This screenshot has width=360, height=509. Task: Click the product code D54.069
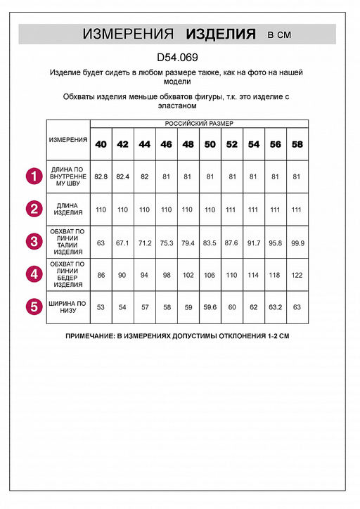pyautogui.click(x=179, y=60)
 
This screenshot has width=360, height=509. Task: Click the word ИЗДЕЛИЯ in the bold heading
pyautogui.click(x=220, y=34)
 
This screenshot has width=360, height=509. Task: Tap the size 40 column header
pyautogui.click(x=101, y=144)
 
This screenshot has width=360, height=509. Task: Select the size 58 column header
pyautogui.click(x=297, y=144)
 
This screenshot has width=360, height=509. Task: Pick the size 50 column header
pyautogui.click(x=210, y=144)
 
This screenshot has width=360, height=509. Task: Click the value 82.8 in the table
pyautogui.click(x=101, y=177)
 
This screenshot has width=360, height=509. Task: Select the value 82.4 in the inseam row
pyautogui.click(x=123, y=177)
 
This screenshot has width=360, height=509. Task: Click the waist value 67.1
pyautogui.click(x=123, y=243)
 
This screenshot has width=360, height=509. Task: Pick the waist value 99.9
pyautogui.click(x=297, y=243)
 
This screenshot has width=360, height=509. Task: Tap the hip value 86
pyautogui.click(x=101, y=275)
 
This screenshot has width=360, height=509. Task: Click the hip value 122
pyautogui.click(x=297, y=275)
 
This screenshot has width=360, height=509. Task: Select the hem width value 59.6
pyautogui.click(x=210, y=307)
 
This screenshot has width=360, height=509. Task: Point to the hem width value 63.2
pyautogui.click(x=276, y=307)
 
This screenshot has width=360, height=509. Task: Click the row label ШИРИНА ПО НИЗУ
pyautogui.click(x=68, y=307)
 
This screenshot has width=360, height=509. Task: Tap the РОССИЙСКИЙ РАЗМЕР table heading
pyautogui.click(x=199, y=123)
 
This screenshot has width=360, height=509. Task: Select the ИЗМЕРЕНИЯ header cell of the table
pyautogui.click(x=68, y=139)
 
